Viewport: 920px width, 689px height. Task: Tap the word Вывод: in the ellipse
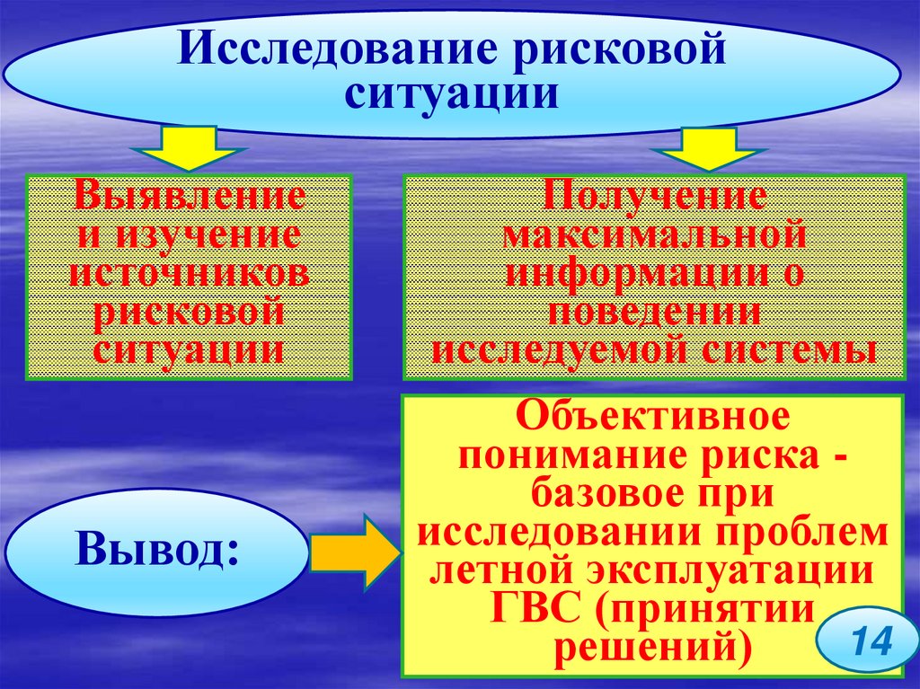tap(158, 548)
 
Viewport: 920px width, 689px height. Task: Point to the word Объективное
tap(652, 417)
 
